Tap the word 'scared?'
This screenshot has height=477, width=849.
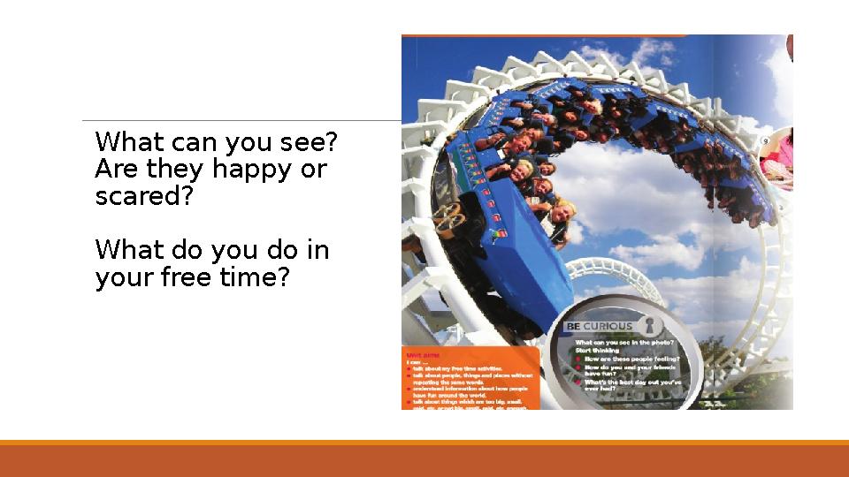[x=143, y=196]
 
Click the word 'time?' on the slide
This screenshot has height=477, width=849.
[x=256, y=278]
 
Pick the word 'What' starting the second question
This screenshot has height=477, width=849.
[x=128, y=251]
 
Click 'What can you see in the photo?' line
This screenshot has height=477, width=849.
[x=625, y=342]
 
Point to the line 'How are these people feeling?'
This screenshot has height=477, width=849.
[x=630, y=360]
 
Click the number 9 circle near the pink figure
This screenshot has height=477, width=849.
[x=766, y=140]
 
